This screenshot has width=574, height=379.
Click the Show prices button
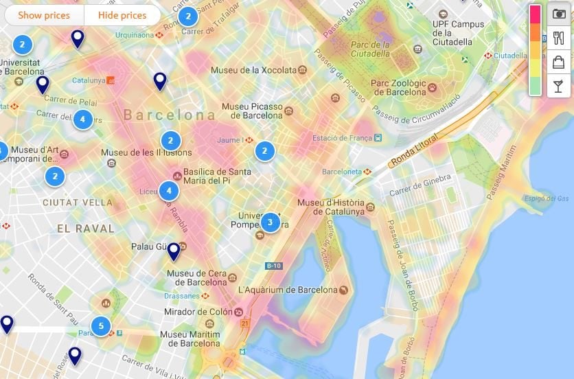(x=44, y=15)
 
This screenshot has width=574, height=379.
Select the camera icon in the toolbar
(x=558, y=15)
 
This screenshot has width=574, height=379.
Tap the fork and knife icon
(x=558, y=38)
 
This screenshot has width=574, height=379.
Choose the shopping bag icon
(x=558, y=62)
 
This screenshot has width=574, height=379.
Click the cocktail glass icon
(x=558, y=85)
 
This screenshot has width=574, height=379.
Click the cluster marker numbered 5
(x=102, y=325)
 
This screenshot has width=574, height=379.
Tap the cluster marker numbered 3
(x=270, y=222)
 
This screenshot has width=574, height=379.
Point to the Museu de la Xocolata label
(x=254, y=70)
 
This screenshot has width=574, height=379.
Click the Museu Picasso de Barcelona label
(x=252, y=111)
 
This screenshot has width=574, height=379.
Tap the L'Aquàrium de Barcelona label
(x=288, y=290)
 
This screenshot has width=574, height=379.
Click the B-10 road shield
(x=273, y=266)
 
